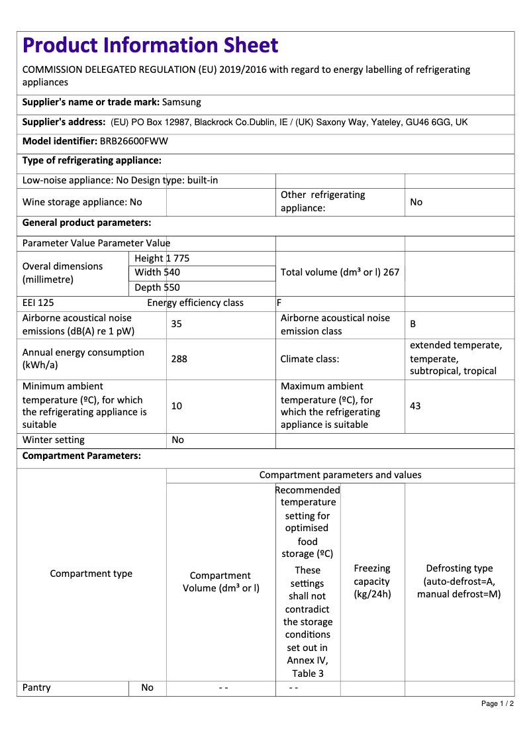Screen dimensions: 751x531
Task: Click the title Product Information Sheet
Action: pyautogui.click(x=150, y=45)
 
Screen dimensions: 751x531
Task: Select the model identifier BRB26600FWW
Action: pyautogui.click(x=134, y=141)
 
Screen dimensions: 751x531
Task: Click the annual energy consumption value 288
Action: pyautogui.click(x=179, y=359)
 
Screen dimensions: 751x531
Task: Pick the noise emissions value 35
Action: pyautogui.click(x=176, y=324)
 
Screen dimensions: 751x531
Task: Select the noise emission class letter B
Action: pyautogui.click(x=413, y=324)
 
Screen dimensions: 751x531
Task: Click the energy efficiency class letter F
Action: pyautogui.click(x=279, y=303)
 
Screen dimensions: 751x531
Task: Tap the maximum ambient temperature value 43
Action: pyautogui.click(x=415, y=405)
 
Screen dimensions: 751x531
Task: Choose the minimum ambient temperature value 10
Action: pyautogui.click(x=176, y=405)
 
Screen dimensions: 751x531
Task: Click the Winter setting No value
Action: pyautogui.click(x=177, y=440)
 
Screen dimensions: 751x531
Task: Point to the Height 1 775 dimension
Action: pyautogui.click(x=162, y=258)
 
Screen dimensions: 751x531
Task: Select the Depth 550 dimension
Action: pyautogui.click(x=157, y=287)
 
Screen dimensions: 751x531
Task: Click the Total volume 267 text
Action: pyautogui.click(x=340, y=272)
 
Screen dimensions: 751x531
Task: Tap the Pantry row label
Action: pyautogui.click(x=36, y=687)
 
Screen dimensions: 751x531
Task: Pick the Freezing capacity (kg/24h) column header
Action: pyautogui.click(x=372, y=581)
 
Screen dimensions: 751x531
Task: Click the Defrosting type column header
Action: pyautogui.click(x=459, y=581)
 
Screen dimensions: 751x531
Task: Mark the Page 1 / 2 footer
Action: pyautogui.click(x=497, y=703)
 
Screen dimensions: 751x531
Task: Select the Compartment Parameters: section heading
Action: pyautogui.click(x=81, y=456)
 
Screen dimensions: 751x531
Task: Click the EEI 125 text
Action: pyautogui.click(x=38, y=303)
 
